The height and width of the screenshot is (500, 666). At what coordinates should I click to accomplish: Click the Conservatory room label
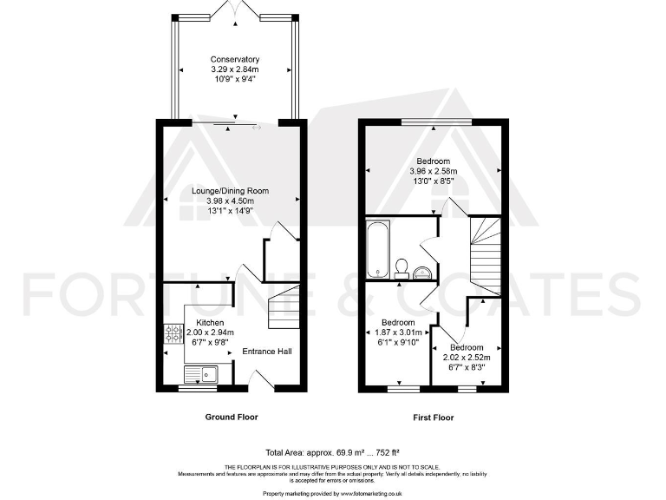234,59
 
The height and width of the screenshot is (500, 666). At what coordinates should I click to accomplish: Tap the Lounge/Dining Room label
231,191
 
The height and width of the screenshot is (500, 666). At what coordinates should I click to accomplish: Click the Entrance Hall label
266,352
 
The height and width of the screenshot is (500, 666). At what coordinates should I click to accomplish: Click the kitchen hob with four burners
171,334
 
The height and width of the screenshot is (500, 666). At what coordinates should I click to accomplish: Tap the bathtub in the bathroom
379,247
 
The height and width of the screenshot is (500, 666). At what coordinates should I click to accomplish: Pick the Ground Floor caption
231,418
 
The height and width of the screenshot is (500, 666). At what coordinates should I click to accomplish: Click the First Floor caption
433,418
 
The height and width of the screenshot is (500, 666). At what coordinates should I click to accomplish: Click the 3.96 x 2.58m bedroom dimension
433,172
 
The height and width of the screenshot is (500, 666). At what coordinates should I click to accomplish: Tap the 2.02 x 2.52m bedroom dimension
467,357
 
